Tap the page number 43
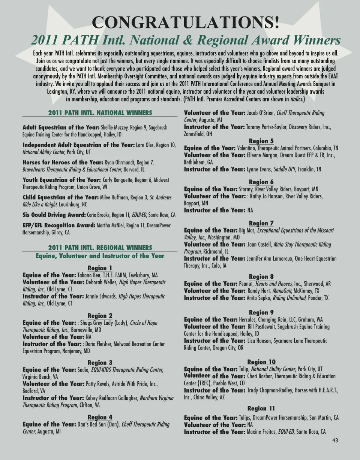pos(335,441)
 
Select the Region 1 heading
pos(100,268)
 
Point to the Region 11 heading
pos(261,408)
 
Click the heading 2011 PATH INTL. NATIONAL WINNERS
pos(100,113)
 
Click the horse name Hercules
pos(249,320)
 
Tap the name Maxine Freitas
pos(262,432)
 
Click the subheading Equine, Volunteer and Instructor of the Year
pos(100,256)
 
